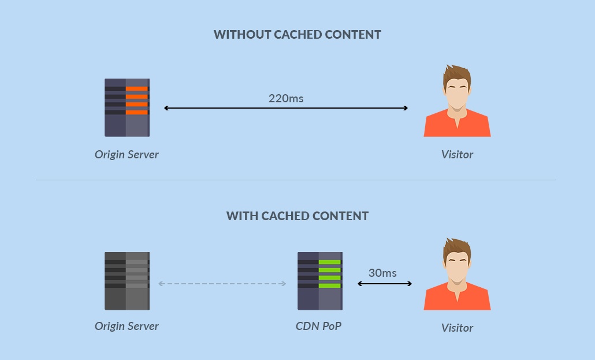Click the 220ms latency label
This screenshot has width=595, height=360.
click(286, 98)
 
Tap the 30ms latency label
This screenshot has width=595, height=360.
click(382, 273)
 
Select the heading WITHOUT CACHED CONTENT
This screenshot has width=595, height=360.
click(297, 35)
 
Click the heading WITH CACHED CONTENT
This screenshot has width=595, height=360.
click(297, 216)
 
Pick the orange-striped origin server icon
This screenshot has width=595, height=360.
click(127, 107)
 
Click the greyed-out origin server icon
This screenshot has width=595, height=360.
click(127, 281)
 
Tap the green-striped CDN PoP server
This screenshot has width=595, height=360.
click(319, 281)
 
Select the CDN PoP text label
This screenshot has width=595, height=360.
click(318, 326)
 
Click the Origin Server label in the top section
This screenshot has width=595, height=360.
click(127, 154)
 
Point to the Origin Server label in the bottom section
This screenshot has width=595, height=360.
click(127, 326)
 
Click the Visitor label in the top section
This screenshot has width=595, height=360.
click(457, 154)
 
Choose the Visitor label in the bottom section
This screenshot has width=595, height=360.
click(457, 328)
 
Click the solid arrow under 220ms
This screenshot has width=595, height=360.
click(286, 108)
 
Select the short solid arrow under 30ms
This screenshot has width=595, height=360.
click(385, 284)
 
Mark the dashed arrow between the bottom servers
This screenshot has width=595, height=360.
click(222, 284)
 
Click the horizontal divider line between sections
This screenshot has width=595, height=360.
click(296, 180)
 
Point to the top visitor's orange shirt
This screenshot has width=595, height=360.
click(457, 128)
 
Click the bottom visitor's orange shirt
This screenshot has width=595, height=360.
click(457, 301)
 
